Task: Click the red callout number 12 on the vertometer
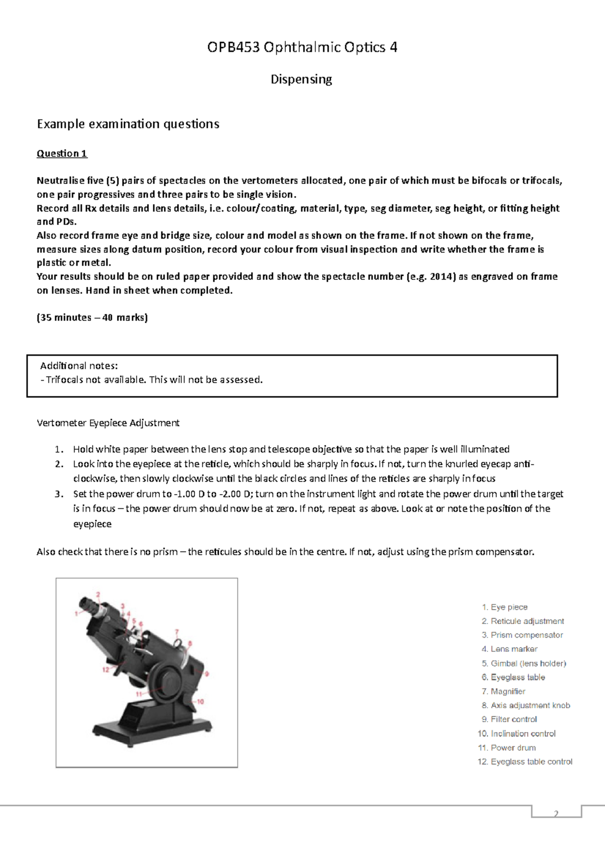[106, 670]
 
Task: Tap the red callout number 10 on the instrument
[200, 701]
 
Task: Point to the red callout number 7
[176, 631]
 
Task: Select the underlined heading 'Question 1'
[62, 154]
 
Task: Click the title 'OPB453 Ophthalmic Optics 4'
[302, 47]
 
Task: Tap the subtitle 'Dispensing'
[301, 80]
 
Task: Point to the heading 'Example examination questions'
[128, 124]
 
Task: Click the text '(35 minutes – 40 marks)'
[92, 318]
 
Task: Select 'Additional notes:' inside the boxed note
[79, 365]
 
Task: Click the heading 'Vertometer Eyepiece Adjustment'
[108, 423]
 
